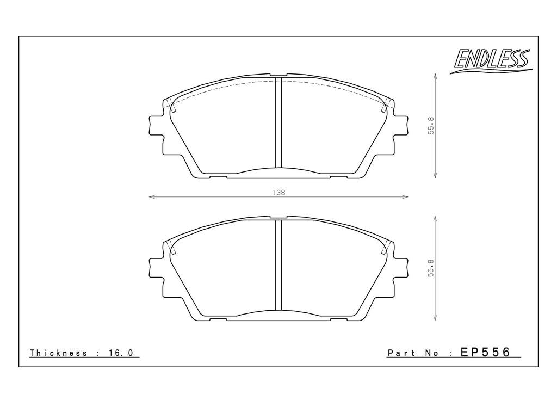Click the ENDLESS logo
click(x=491, y=61)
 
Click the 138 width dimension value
click(x=279, y=193)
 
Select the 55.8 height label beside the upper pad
click(x=431, y=125)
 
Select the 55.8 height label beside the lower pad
click(x=431, y=268)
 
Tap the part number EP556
click(x=485, y=352)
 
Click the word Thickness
click(x=58, y=353)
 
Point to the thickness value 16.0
click(x=121, y=353)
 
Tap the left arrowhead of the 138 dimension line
click(x=152, y=196)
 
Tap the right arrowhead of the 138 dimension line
click(x=405, y=196)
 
